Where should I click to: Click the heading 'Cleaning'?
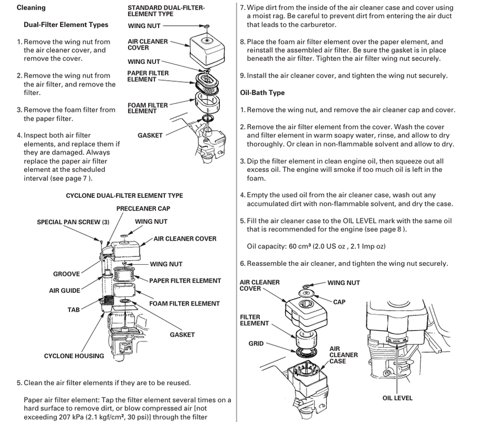point(31,8)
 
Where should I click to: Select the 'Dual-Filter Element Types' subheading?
point(66,25)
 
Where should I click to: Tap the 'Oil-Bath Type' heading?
point(262,93)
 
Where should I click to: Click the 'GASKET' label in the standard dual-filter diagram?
point(150,136)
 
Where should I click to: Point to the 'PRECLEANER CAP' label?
point(143,209)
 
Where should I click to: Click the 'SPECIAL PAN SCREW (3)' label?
point(73,222)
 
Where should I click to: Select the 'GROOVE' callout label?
point(66,274)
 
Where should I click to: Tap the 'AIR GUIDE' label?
point(64,291)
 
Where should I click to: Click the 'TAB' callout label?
point(73,310)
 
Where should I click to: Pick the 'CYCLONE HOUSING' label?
point(74,356)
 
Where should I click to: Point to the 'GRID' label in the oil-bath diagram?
point(256,343)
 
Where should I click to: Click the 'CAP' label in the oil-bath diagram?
point(339,302)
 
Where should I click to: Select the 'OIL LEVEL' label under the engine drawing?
point(397,398)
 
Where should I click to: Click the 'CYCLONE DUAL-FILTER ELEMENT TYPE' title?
point(124,196)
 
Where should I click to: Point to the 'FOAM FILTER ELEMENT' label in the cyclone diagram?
point(184,304)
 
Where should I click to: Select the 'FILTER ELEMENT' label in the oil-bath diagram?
point(255,320)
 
